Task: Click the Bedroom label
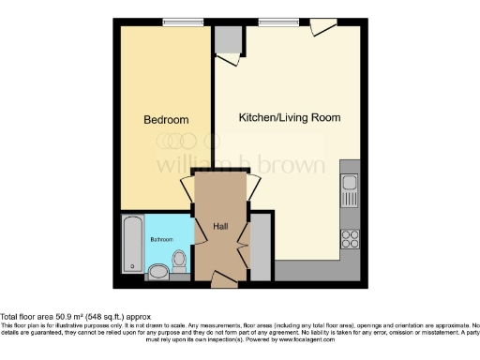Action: point(166,120)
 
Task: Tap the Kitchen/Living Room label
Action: point(289,118)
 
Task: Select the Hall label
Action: point(221,226)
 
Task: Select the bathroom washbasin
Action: point(158,272)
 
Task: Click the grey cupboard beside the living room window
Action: point(226,42)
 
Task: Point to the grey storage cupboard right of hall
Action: point(262,247)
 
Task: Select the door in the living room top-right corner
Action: point(322,28)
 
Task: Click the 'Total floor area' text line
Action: point(75,317)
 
